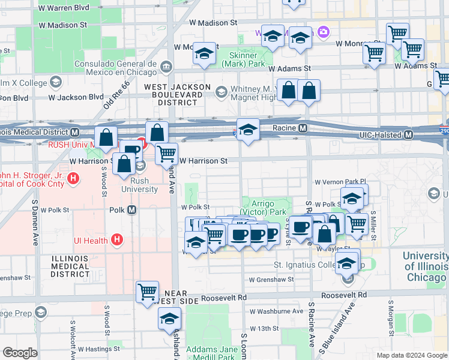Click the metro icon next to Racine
(303, 128)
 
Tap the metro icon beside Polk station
(131, 210)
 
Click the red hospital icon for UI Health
(117, 241)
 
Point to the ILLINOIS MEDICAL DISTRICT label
(70, 266)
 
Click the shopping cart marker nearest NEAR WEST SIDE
(147, 292)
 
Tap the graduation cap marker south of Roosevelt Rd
(170, 319)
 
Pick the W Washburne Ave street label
(277, 311)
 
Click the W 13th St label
(265, 328)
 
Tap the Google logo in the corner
(20, 353)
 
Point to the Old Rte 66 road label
(116, 94)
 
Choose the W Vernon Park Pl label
(340, 181)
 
